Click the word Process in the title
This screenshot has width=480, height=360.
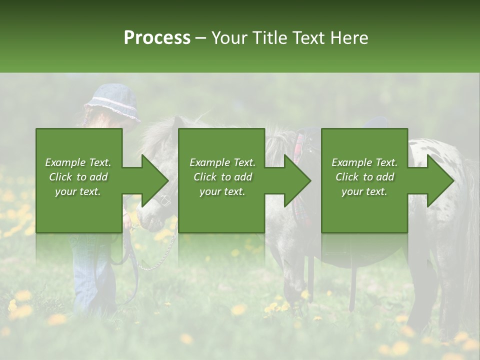157,38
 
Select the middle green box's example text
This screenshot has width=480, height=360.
222,177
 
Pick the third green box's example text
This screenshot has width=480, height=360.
364,177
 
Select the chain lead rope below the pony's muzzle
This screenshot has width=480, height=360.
160,255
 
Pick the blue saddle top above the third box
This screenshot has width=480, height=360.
376,122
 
